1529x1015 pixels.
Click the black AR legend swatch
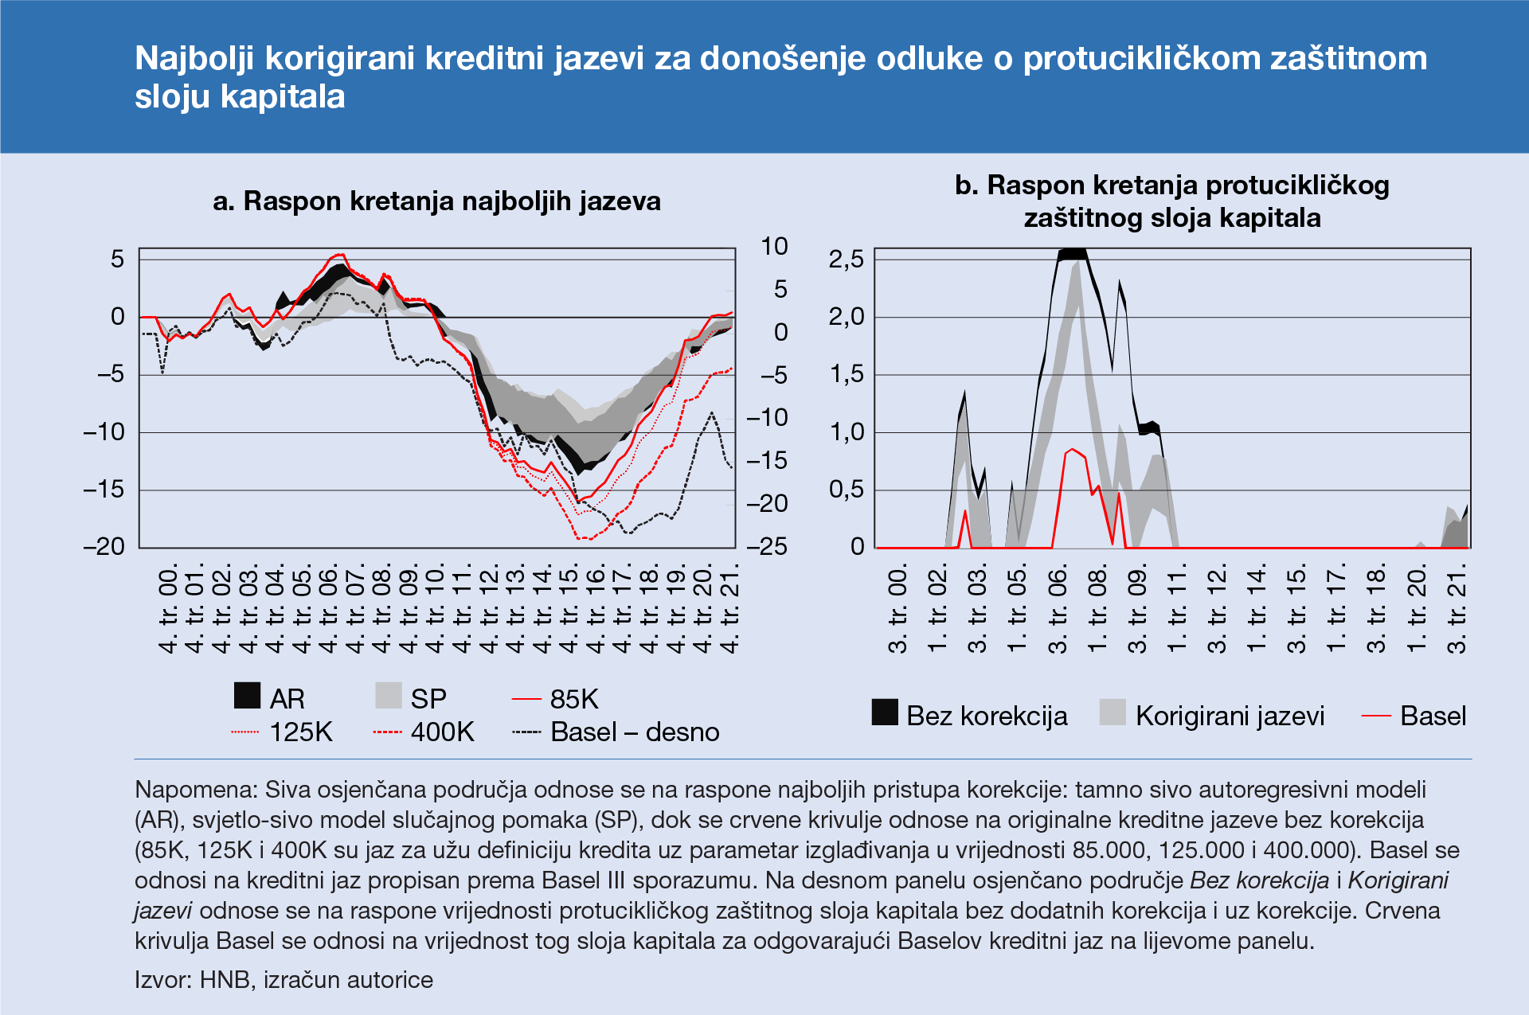pyautogui.click(x=247, y=696)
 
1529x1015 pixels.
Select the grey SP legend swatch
pyautogui.click(x=389, y=696)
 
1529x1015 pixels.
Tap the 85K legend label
pyautogui.click(x=574, y=699)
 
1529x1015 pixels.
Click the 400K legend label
pyautogui.click(x=443, y=732)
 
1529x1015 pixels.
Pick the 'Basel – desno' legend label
pyautogui.click(x=635, y=732)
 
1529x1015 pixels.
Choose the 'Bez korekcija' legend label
pyautogui.click(x=987, y=716)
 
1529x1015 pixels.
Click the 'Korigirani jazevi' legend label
pyautogui.click(x=1230, y=716)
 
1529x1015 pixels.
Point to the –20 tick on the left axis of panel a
pyautogui.click(x=104, y=546)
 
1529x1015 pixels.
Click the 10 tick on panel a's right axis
pyautogui.click(x=774, y=247)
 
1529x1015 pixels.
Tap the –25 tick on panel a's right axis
pyautogui.click(x=767, y=546)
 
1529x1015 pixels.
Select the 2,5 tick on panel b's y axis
pyautogui.click(x=846, y=260)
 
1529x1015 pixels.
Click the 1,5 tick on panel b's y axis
pyautogui.click(x=846, y=374)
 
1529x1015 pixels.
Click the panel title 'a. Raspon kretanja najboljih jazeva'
pyautogui.click(x=436, y=201)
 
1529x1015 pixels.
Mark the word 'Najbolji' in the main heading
pyautogui.click(x=194, y=59)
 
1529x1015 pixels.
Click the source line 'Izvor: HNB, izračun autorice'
pyautogui.click(x=284, y=979)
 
